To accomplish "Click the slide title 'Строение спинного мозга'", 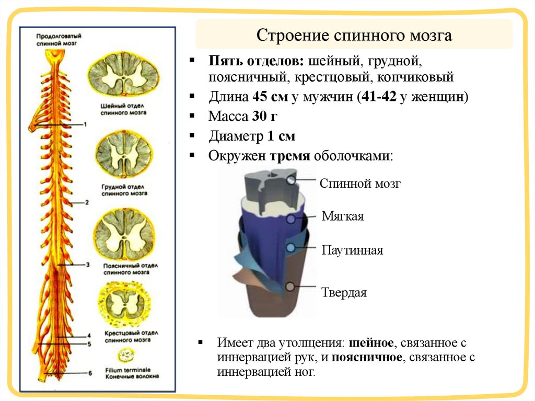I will pos(354,36).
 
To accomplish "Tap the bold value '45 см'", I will pos(271,97).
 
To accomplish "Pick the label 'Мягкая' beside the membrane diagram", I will pos(342,216).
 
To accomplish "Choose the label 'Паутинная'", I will pos(352,250).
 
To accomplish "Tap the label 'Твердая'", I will pos(343,292).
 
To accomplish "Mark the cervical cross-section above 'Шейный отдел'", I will pos(123,76).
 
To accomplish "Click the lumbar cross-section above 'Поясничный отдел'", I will pos(124,234).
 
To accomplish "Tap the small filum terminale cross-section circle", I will pos(125,356).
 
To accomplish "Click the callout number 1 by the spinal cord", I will pos(85,124).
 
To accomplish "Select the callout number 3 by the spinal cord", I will pos(88,265).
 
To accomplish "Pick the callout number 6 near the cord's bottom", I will pos(90,373).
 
